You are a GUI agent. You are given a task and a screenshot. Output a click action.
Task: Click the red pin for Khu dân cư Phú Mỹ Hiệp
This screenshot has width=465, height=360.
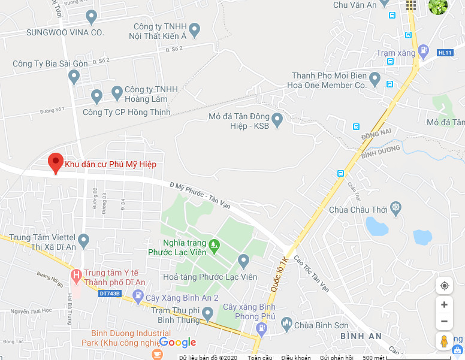point(55,162)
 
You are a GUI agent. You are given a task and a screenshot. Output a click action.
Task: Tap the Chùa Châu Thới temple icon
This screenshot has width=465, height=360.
point(395,209)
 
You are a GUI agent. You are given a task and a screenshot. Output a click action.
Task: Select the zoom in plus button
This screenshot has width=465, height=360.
point(444,305)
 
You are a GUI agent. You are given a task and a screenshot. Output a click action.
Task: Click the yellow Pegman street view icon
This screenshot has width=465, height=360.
point(444,341)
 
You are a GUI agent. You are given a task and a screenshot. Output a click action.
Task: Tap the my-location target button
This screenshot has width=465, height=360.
point(444,286)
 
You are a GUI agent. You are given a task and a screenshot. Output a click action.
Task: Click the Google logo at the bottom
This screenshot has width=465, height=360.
point(177,343)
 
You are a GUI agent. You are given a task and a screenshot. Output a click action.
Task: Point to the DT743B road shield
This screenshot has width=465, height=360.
point(110,294)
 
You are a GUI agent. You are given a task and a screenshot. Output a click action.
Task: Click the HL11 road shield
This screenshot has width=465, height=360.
point(444,53)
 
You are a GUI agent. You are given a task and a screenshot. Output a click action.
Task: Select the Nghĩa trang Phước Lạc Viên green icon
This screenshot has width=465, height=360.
point(214,244)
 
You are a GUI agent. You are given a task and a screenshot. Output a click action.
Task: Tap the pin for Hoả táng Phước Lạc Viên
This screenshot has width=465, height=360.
point(243,260)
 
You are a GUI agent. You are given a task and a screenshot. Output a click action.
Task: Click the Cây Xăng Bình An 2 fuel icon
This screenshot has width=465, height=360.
point(138,296)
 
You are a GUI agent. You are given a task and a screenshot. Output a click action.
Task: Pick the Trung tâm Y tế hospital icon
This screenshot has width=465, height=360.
point(76,276)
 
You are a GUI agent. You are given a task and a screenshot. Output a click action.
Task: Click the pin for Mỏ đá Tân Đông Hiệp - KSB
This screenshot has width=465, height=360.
point(277,119)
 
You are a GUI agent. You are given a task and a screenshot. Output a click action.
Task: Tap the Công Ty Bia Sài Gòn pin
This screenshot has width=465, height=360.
point(74,76)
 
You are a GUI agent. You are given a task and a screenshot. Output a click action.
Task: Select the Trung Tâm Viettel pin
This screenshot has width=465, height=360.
point(83,240)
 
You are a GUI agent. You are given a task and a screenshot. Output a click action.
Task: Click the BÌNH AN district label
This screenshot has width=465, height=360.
point(361,336)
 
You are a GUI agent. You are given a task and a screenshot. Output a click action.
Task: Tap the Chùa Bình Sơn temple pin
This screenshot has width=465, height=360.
point(286,324)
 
